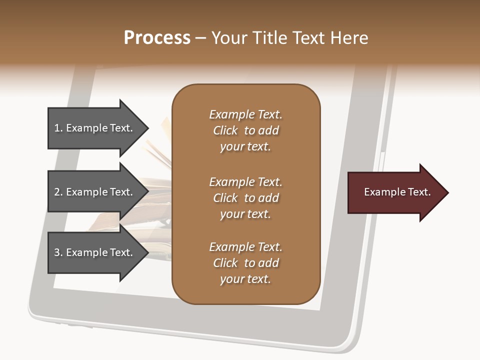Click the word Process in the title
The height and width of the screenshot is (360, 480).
point(157,37)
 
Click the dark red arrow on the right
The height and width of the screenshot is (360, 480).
point(395,192)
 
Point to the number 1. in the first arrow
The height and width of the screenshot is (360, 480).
point(58,128)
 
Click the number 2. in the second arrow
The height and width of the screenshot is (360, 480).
point(58,192)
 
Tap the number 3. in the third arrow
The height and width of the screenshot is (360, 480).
point(58,253)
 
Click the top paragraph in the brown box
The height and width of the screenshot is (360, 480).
point(246,130)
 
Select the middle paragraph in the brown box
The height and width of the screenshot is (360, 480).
point(246,198)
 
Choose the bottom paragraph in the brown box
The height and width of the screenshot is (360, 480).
point(246,263)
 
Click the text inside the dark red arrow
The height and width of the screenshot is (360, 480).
point(397,192)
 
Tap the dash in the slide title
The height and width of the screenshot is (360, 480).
point(201,38)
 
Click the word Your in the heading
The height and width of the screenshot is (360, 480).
point(228,37)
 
